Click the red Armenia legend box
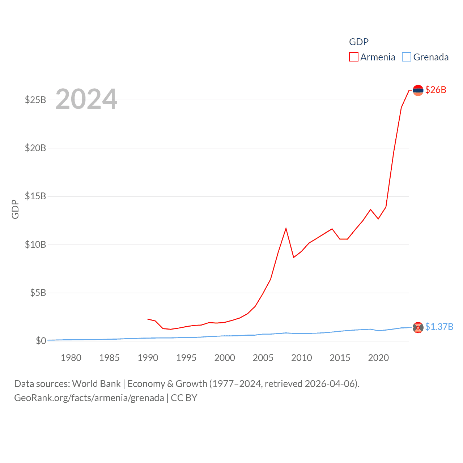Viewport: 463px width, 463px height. click(353, 57)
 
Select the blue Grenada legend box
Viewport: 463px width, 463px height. click(407, 57)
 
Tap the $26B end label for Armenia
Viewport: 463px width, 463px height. click(436, 90)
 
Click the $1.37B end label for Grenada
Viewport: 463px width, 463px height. click(439, 327)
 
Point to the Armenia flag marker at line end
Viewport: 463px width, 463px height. click(418, 90)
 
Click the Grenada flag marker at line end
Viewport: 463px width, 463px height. click(418, 327)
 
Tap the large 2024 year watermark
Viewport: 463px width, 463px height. click(86, 99)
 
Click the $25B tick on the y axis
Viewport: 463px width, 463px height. click(35, 100)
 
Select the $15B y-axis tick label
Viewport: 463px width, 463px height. click(35, 196)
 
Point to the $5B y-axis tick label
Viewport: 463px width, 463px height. click(38, 293)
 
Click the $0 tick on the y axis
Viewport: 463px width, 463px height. click(41, 341)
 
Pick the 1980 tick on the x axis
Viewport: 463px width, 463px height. click(71, 358)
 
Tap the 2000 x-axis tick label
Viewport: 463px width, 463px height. click(225, 358)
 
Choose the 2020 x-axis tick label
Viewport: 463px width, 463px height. click(378, 358)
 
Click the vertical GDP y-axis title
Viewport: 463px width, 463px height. click(15, 209)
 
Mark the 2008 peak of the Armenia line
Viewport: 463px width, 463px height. click(286, 228)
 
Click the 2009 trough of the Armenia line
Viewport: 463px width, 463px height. click(294, 257)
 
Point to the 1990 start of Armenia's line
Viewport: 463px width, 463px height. click(148, 319)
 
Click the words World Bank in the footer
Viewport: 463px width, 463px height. click(96, 384)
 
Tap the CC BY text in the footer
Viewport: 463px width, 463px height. click(184, 398)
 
